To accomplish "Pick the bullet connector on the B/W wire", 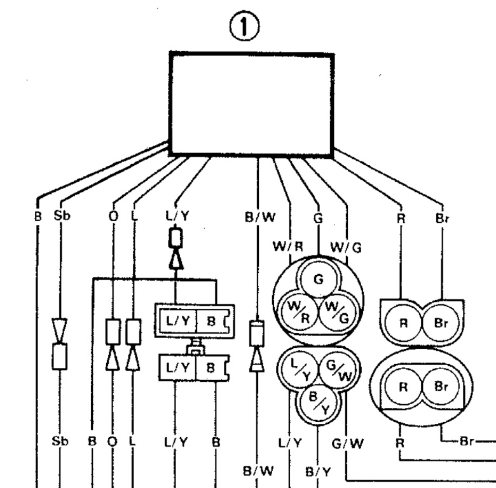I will (x=256, y=346).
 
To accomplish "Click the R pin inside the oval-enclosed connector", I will (x=403, y=386).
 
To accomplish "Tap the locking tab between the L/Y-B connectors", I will (x=196, y=349).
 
